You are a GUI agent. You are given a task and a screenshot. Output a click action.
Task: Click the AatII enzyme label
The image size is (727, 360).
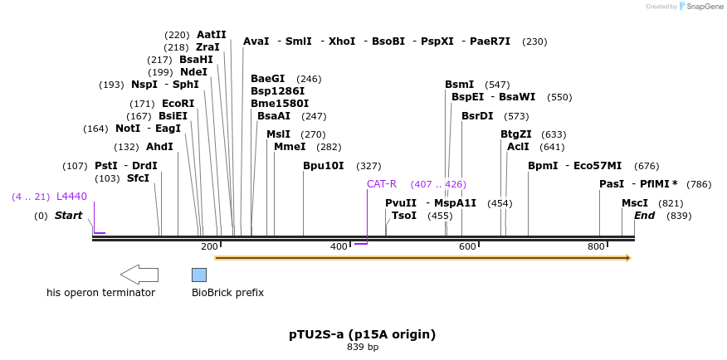pos(211,35)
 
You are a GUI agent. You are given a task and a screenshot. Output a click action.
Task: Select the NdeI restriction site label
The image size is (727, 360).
pos(193,72)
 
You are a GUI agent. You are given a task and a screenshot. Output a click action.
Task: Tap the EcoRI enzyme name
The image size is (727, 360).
pos(178,104)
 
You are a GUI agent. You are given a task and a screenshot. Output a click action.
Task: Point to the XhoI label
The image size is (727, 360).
pos(341,41)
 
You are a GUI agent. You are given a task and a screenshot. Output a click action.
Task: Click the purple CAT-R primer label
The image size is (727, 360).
pos(382,184)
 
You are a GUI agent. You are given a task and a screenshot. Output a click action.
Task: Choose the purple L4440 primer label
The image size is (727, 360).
pos(71,197)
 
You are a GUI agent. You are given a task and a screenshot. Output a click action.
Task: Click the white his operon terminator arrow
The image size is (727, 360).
pos(139,275)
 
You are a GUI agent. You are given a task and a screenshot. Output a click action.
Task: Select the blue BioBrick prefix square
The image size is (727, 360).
pos(199,275)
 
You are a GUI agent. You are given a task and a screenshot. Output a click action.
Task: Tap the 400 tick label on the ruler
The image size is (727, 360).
pos(339,246)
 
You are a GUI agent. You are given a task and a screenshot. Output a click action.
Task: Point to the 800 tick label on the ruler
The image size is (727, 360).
pos(596,246)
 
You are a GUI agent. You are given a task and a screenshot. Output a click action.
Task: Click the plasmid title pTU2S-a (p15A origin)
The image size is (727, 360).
pos(362,334)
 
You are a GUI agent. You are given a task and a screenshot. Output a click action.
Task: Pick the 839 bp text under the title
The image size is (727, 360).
pos(362,347)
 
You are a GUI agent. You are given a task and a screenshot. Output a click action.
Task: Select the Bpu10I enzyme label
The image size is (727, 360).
pos(323,166)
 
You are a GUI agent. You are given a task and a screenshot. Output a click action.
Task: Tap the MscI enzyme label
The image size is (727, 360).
pos(635,203)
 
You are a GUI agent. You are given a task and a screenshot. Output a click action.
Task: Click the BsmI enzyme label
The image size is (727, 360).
pos(459,85)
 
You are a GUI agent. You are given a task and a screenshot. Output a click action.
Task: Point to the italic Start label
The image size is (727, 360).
pos(68,216)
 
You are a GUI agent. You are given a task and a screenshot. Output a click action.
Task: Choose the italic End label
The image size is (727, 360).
pos(644,216)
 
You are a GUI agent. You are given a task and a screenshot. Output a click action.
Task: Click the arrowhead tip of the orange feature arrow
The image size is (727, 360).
pos(629,258)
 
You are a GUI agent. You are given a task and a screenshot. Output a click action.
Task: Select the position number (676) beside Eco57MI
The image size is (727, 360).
pos(646,166)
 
